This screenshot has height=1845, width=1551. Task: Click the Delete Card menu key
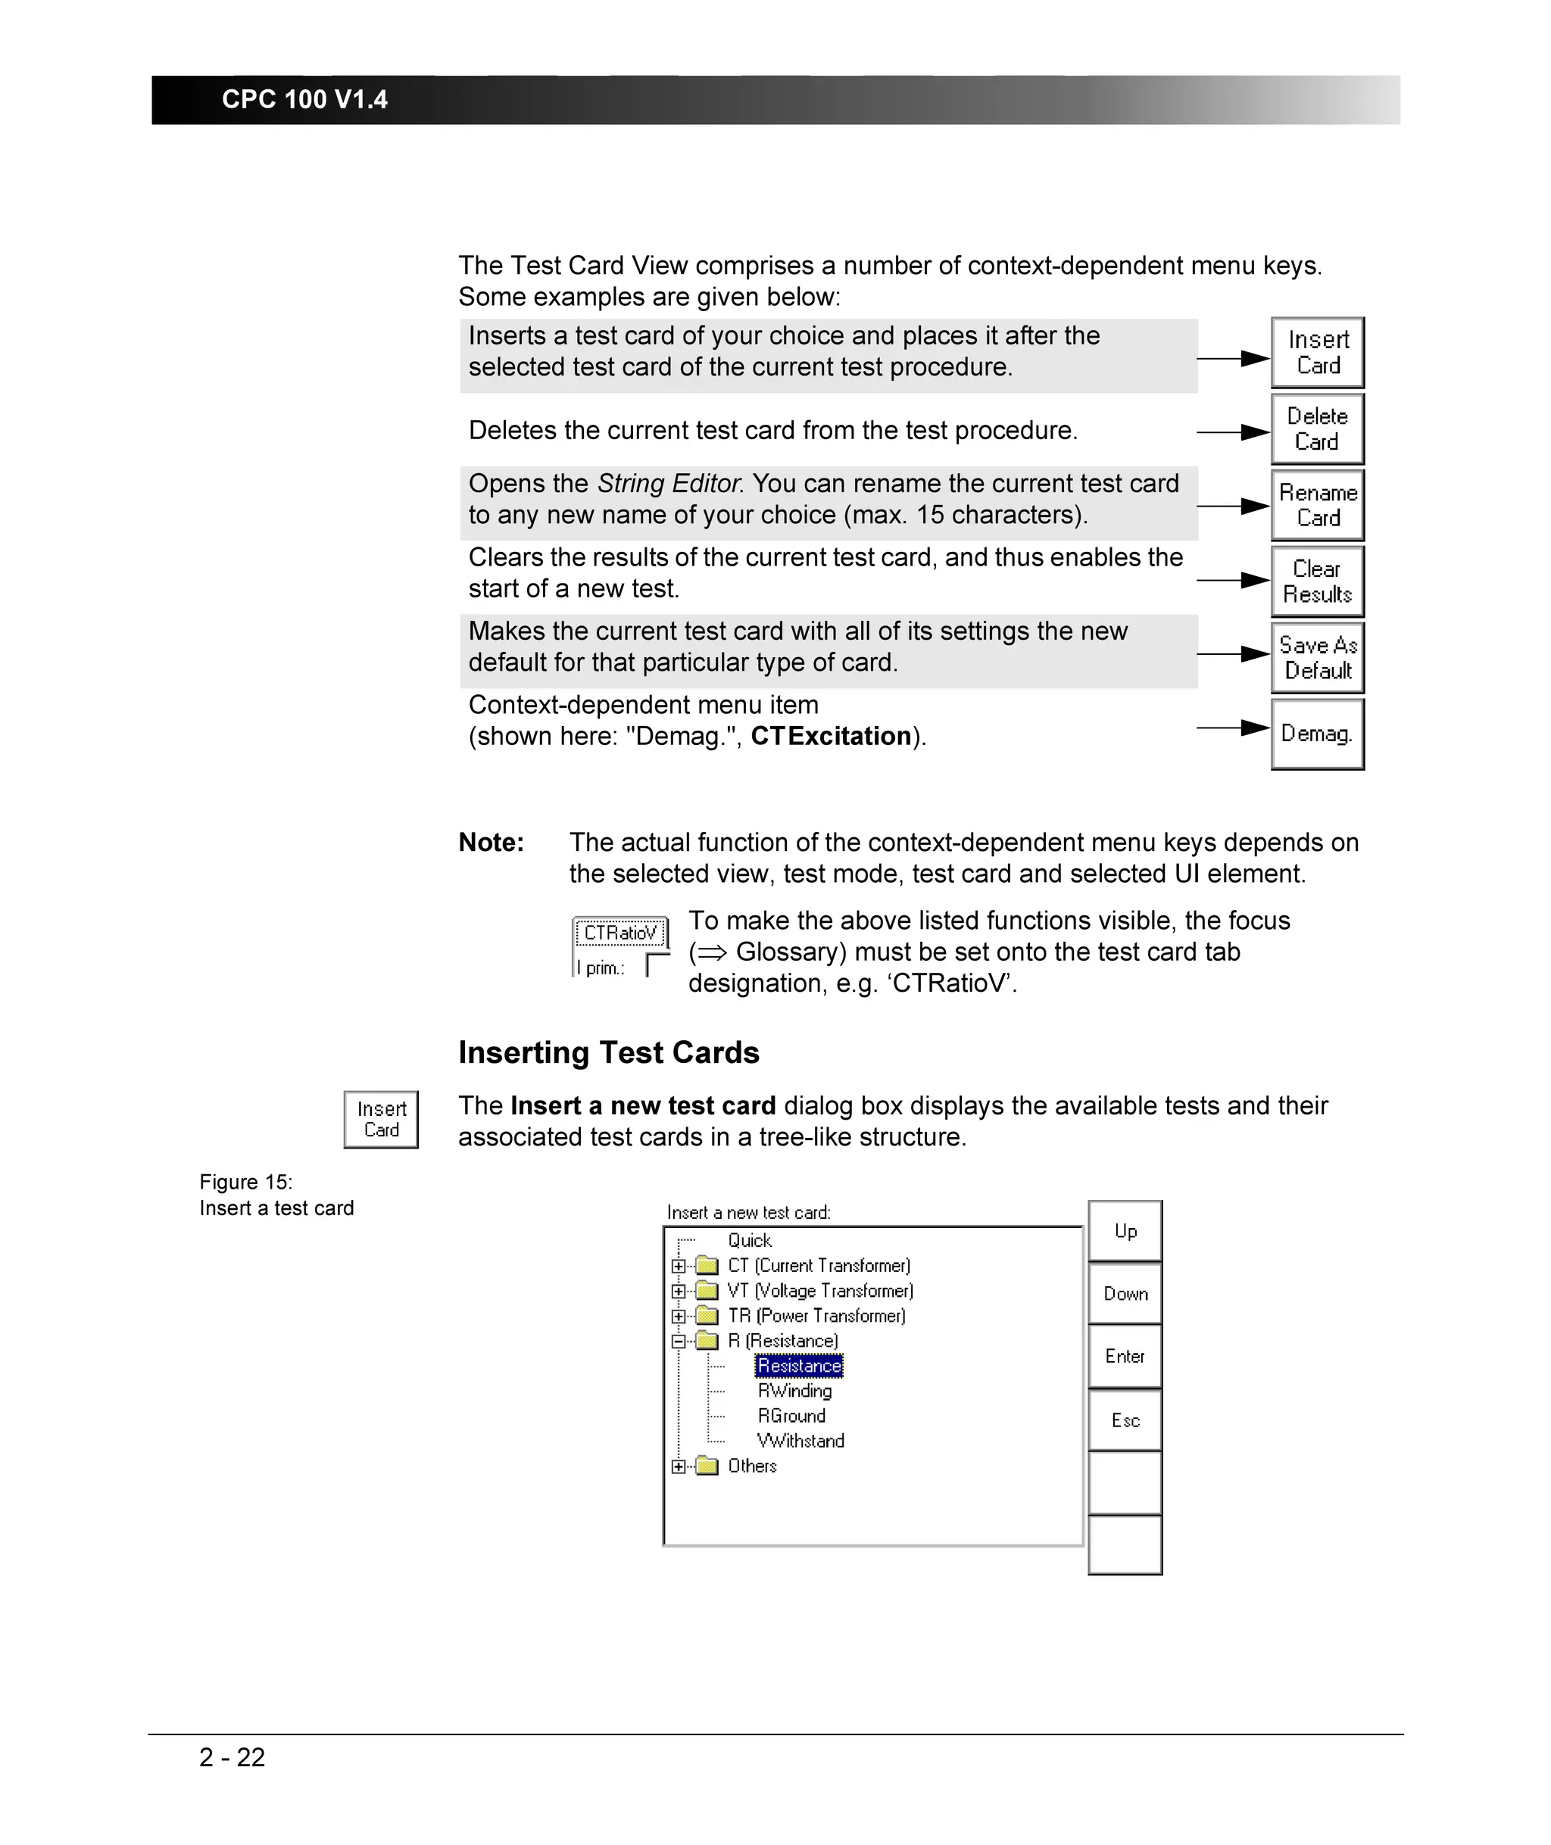click(x=1316, y=429)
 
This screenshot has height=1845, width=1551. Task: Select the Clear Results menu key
click(x=1316, y=581)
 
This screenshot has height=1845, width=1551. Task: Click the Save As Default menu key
click(x=1316, y=657)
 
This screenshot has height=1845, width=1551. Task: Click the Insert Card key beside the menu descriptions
click(x=1316, y=353)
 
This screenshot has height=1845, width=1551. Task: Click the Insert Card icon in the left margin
click(x=381, y=1119)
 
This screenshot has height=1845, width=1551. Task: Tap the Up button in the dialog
click(x=1125, y=1230)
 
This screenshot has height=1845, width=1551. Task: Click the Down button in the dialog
click(x=1125, y=1293)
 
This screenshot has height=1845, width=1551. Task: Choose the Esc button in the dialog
click(x=1125, y=1420)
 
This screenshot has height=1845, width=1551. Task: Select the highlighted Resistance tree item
click(x=798, y=1365)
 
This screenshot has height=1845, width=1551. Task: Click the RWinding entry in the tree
click(x=794, y=1391)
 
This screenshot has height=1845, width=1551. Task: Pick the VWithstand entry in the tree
click(x=800, y=1441)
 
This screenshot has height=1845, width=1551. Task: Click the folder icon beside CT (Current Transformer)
click(x=707, y=1266)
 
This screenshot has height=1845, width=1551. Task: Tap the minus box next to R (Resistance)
click(x=678, y=1342)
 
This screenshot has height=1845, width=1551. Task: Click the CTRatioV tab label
click(x=620, y=933)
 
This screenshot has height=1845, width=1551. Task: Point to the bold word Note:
click(x=491, y=842)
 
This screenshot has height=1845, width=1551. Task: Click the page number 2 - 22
click(x=232, y=1757)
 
